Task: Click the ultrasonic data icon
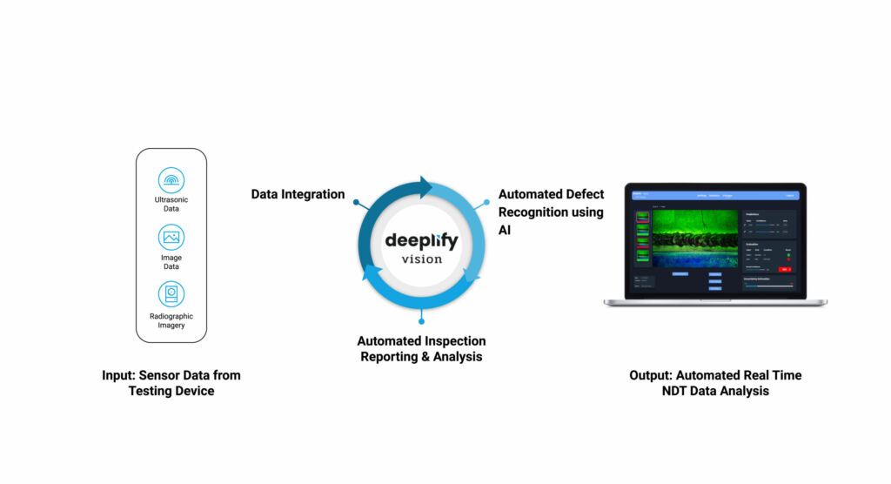(x=171, y=180)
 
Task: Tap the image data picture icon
(x=171, y=237)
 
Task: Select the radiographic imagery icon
(x=171, y=293)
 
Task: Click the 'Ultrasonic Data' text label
(x=171, y=205)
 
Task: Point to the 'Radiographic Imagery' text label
(x=171, y=321)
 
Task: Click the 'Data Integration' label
(x=298, y=194)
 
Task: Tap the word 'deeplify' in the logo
(x=421, y=239)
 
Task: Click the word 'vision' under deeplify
(x=421, y=259)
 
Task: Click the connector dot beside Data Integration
(x=356, y=202)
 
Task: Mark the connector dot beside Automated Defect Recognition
(x=486, y=202)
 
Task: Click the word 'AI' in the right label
(x=506, y=231)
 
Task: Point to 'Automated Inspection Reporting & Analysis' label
(x=421, y=348)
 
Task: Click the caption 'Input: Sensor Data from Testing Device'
(x=171, y=383)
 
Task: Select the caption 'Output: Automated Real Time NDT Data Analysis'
(x=715, y=383)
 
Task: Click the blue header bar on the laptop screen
(x=715, y=196)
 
